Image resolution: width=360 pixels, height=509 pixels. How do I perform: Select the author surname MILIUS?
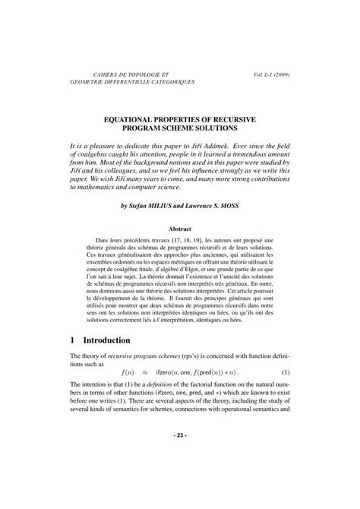(x=166, y=205)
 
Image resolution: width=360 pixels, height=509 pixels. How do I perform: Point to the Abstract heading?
(x=180, y=227)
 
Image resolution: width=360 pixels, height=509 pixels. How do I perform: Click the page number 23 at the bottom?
(x=180, y=477)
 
